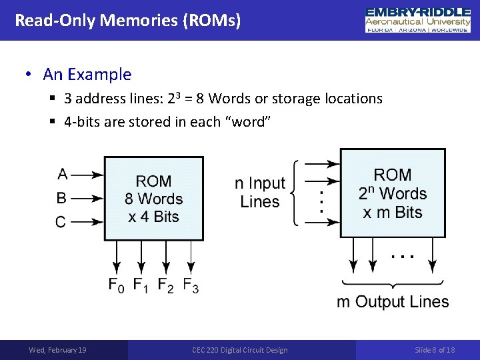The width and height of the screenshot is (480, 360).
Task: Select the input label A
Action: pyautogui.click(x=62, y=174)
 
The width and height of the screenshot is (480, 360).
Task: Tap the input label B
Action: pyautogui.click(x=61, y=198)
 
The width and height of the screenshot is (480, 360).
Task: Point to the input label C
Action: pyautogui.click(x=61, y=222)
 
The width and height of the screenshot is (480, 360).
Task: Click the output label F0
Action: pyautogui.click(x=117, y=285)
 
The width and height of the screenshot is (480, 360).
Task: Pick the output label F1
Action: pyautogui.click(x=141, y=285)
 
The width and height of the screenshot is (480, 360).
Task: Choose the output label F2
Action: pyautogui.click(x=166, y=285)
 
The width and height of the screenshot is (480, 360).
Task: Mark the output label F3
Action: pyautogui.click(x=191, y=285)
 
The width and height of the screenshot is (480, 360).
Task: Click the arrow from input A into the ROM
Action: pyautogui.click(x=87, y=175)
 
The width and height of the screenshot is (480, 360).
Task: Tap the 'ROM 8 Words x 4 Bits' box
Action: pyautogui.click(x=153, y=199)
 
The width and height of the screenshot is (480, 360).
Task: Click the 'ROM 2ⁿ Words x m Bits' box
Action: pyautogui.click(x=392, y=193)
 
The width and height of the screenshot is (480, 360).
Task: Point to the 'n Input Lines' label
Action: pyautogui.click(x=259, y=192)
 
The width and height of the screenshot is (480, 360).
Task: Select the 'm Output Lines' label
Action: pyautogui.click(x=393, y=302)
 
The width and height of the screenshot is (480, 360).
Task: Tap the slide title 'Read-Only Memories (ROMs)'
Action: pyautogui.click(x=127, y=20)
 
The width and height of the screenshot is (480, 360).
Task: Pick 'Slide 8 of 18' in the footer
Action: pyautogui.click(x=435, y=350)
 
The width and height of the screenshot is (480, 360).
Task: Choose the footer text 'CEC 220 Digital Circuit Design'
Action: pyautogui.click(x=240, y=350)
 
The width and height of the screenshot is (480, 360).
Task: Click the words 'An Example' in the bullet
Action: pyautogui.click(x=87, y=75)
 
